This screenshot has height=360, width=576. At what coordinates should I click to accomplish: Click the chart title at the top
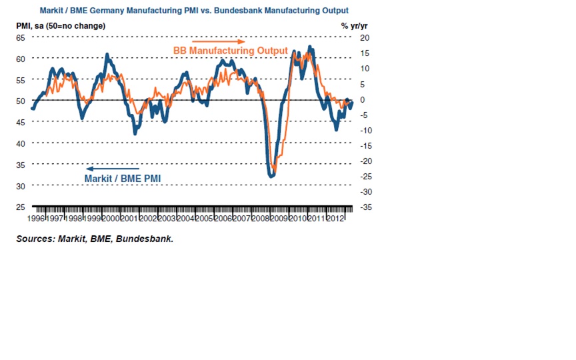point(194,11)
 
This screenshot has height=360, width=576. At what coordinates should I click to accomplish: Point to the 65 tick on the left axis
point(21,37)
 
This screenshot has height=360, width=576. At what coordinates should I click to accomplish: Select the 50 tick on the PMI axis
point(21,101)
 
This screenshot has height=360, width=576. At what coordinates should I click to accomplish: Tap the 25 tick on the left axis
point(21,207)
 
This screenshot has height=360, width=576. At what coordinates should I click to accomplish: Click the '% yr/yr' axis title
point(353,25)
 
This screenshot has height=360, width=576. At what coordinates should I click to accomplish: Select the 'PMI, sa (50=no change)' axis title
point(61,25)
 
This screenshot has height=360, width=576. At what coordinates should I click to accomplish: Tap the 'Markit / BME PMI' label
point(123,178)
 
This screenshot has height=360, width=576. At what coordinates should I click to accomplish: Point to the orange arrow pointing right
point(213,41)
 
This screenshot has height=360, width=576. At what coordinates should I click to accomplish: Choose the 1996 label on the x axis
point(37,218)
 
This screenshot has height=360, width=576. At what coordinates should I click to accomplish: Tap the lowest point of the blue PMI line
point(271,176)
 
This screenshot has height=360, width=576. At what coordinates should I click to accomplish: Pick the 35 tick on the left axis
point(21,164)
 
